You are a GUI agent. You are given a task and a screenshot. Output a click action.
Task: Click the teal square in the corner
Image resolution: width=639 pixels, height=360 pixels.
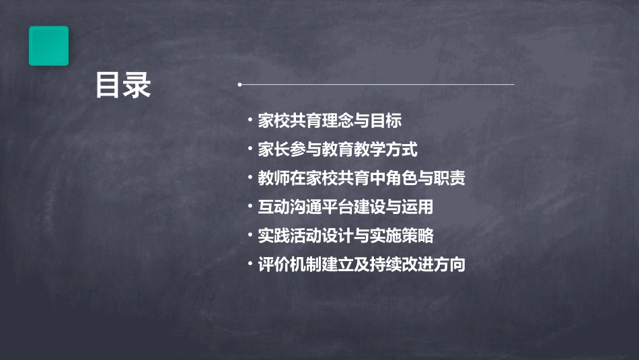[48, 46]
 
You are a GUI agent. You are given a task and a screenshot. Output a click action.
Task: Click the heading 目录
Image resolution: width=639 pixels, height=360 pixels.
[122, 86]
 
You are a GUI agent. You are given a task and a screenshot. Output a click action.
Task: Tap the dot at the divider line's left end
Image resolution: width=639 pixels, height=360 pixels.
[240, 85]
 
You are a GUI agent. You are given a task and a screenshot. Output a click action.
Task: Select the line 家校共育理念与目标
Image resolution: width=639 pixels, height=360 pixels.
[330, 121]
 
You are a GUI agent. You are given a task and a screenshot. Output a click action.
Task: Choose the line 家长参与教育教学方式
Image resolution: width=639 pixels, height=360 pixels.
[338, 149]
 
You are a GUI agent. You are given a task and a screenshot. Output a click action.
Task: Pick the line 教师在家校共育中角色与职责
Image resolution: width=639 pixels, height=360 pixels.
[361, 178]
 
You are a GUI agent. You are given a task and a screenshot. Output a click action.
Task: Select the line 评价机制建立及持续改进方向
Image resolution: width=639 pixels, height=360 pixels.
[361, 264]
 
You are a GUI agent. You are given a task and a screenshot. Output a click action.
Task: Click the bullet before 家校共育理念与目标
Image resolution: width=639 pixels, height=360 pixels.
[250, 121]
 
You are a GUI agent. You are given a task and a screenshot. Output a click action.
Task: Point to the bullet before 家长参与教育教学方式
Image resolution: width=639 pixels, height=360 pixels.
[250, 149]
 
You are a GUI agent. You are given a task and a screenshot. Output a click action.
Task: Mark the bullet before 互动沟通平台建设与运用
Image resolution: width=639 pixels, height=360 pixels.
[250, 207]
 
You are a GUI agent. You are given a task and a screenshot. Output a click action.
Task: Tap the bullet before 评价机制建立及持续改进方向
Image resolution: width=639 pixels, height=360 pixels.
[250, 264]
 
